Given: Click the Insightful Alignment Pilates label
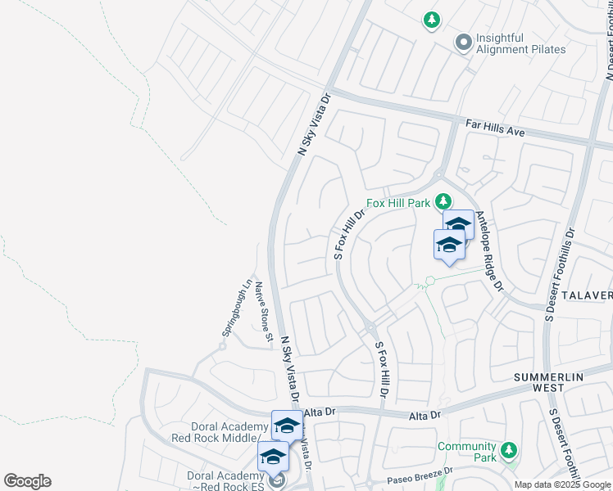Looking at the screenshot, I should point(522,43).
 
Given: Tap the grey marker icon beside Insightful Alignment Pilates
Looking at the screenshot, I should point(464,42).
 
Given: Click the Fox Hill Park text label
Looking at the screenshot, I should point(399,203).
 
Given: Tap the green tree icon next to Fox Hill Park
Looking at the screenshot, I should point(443,201).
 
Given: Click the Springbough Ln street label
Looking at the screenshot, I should point(237,310).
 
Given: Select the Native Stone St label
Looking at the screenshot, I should point(262,312).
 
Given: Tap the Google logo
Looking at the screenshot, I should point(27,481).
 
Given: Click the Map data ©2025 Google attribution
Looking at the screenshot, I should point(561,484).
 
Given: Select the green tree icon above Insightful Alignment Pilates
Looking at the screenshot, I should point(432,19).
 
